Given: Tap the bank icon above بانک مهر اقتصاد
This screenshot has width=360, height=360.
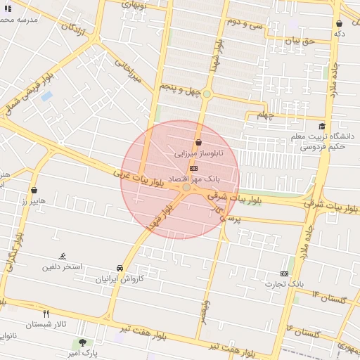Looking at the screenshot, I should click(x=193, y=169).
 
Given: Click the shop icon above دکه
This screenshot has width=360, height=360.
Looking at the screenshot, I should click(x=339, y=24).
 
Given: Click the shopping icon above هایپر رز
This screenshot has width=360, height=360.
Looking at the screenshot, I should click(x=34, y=190).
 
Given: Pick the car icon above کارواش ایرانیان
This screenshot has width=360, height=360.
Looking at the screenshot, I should click(x=120, y=268).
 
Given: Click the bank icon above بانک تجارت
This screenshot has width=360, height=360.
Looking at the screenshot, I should click(x=284, y=273).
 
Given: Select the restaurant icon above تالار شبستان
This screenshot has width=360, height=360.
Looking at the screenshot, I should click(x=46, y=314).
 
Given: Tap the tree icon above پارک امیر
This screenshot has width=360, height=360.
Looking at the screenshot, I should click(x=84, y=342).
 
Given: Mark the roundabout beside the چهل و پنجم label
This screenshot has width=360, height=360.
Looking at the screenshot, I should click(x=207, y=94).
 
